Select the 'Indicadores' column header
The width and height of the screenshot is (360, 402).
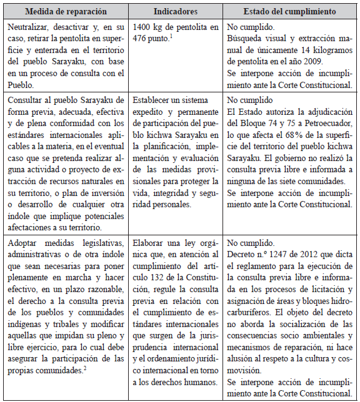coord(176,12)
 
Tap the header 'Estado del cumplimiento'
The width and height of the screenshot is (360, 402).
coord(290,12)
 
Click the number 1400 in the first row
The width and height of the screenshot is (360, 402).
coord(142,28)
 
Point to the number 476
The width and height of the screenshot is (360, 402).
coord(142,39)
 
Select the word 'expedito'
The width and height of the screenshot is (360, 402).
coord(149,111)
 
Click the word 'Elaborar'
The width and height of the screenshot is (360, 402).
coord(149,242)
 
